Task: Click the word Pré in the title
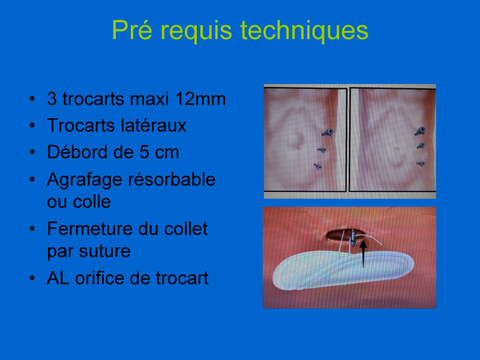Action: pos(132,30)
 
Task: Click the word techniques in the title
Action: pos(304,31)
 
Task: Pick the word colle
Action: pos(92,202)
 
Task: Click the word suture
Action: pos(104,251)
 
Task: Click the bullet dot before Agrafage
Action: pos(32,179)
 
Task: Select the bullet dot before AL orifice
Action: pos(32,278)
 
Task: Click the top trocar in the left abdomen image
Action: pos(328,132)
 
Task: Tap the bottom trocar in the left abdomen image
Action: pos(317,167)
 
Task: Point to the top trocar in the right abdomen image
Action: pos(420,131)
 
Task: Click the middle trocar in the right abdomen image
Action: pos(421,146)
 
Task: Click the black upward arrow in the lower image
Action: pos(363,254)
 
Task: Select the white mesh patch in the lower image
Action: pos(343,270)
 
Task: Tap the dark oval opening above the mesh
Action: pos(340,235)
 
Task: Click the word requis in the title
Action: pos(197,31)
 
